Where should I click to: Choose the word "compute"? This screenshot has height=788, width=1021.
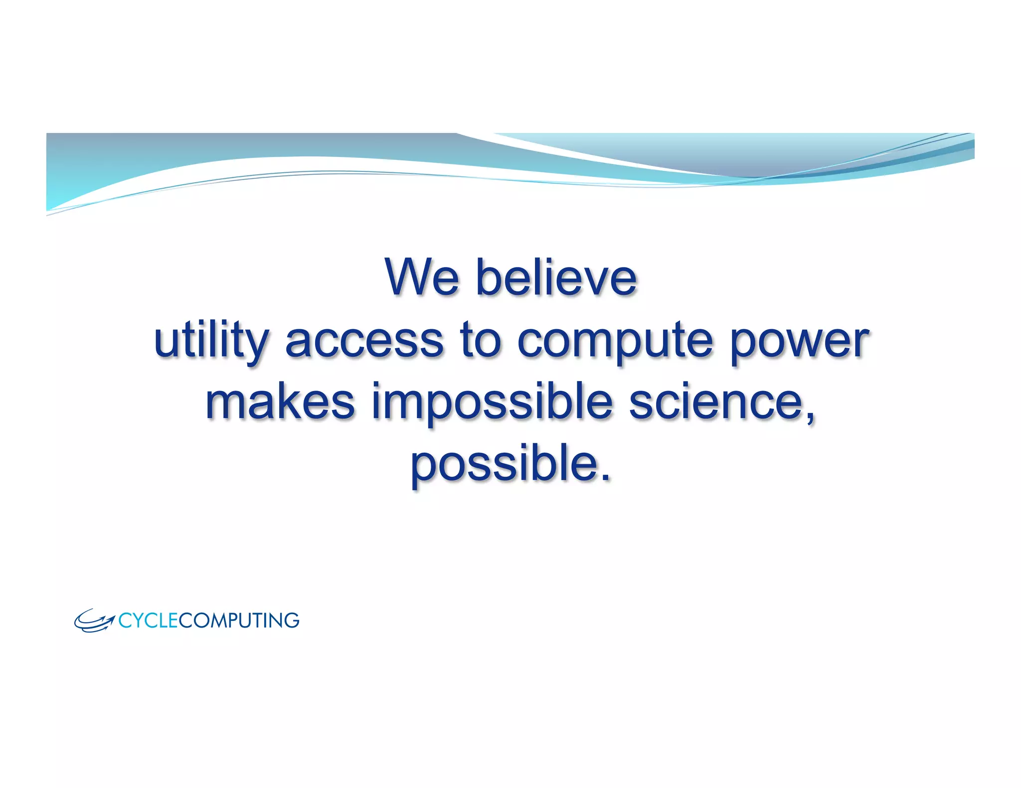pyautogui.click(x=615, y=342)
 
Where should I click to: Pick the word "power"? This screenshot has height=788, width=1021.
pyautogui.click(x=800, y=342)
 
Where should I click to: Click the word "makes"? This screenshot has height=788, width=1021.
pyautogui.click(x=280, y=402)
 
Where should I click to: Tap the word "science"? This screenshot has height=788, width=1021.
pyautogui.click(x=716, y=402)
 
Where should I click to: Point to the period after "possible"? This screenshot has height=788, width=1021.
pyautogui.click(x=605, y=477)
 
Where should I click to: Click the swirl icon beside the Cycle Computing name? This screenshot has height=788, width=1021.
pyautogui.click(x=94, y=621)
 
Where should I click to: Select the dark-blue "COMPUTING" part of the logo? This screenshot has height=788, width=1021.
pyautogui.click(x=239, y=621)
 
